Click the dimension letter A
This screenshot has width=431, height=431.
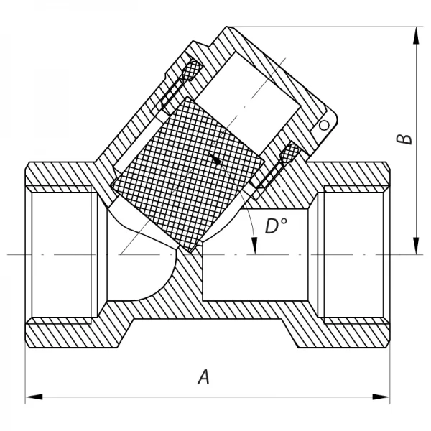(203, 376)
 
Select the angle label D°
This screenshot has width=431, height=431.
(275, 227)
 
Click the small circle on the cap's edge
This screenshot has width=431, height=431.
(324, 125)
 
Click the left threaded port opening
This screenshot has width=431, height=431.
(61, 254)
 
